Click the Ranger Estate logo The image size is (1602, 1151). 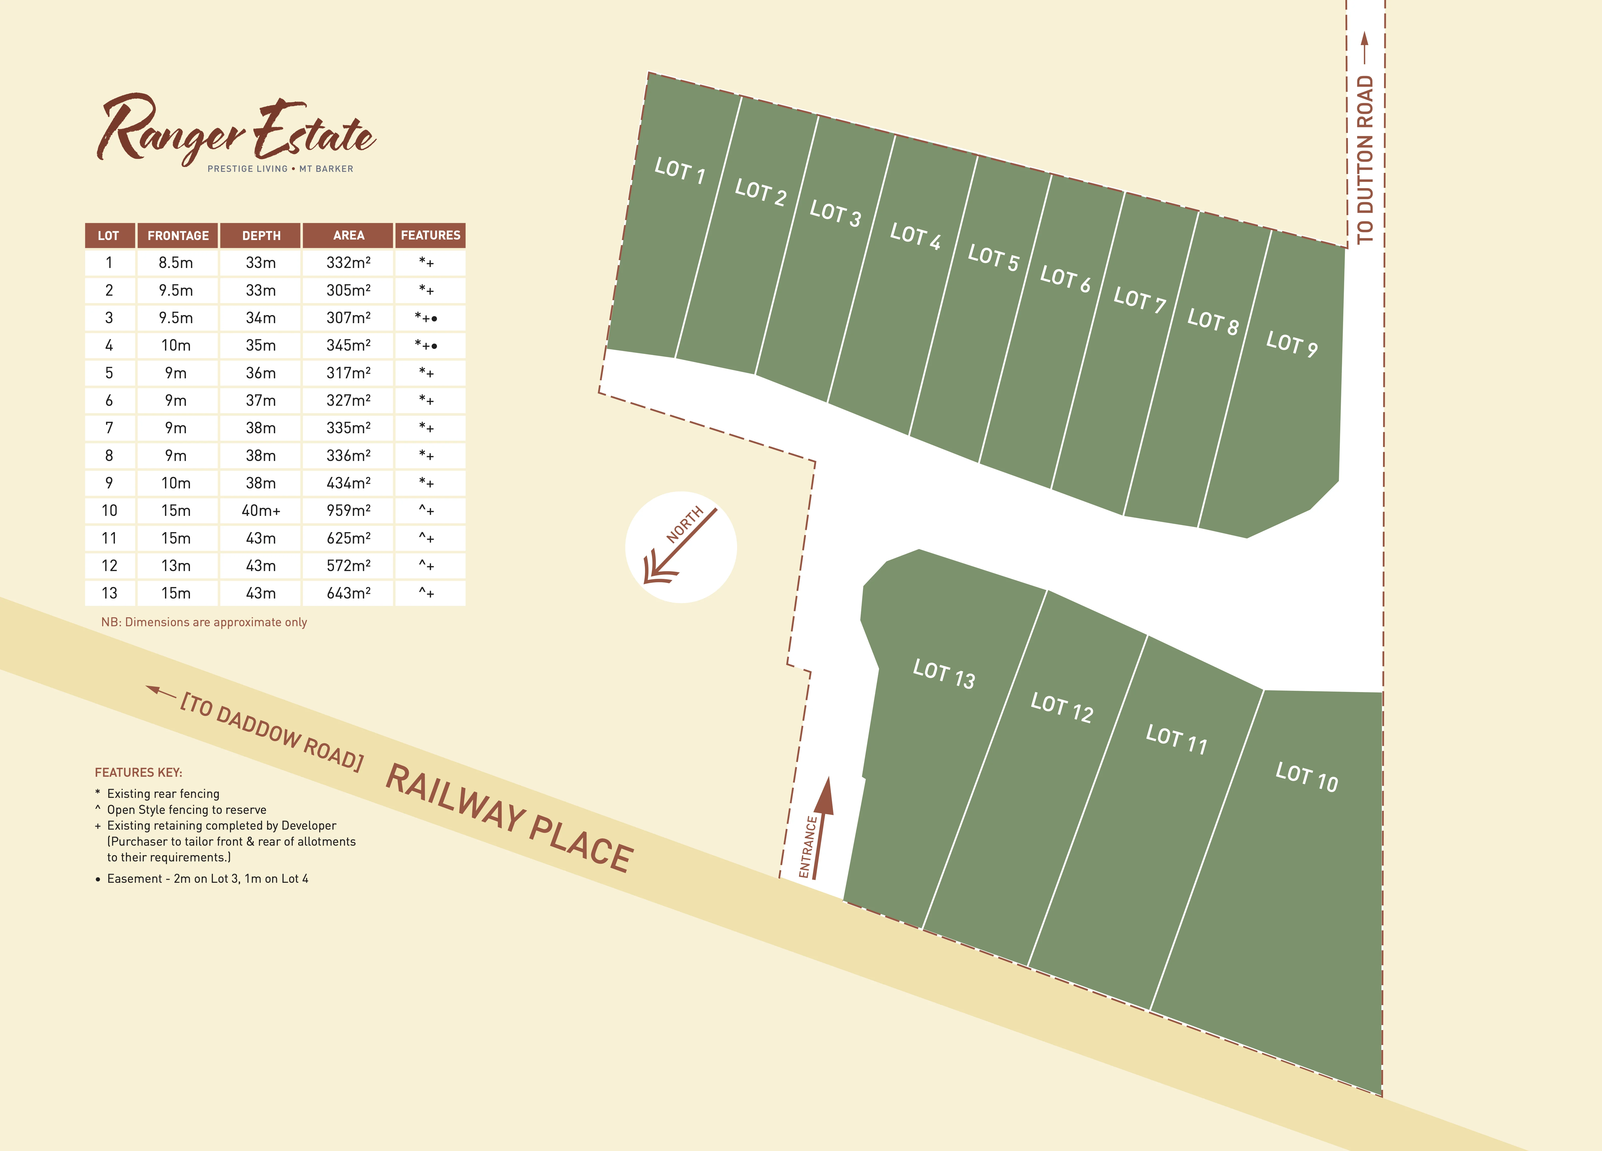click(x=237, y=133)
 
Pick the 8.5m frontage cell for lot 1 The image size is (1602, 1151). click(x=176, y=263)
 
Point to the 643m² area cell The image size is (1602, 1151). click(x=348, y=593)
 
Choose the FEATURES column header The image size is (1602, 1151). click(x=430, y=235)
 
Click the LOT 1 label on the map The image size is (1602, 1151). click(x=680, y=171)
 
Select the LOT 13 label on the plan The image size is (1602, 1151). click(x=944, y=674)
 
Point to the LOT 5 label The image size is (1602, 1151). click(x=993, y=258)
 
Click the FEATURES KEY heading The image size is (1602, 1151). click(x=138, y=772)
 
